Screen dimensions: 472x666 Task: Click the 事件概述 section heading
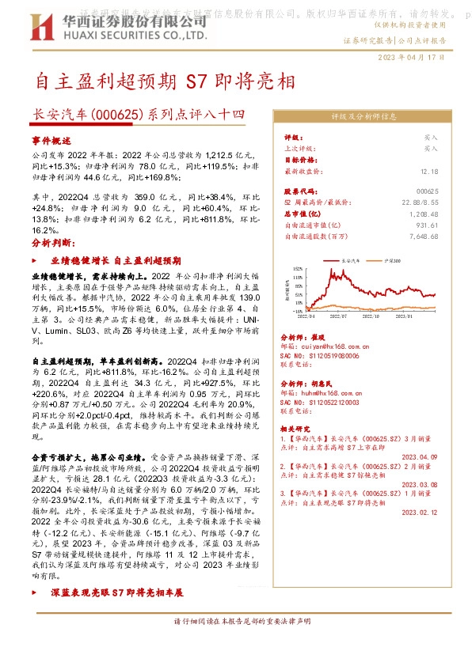[51, 139]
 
